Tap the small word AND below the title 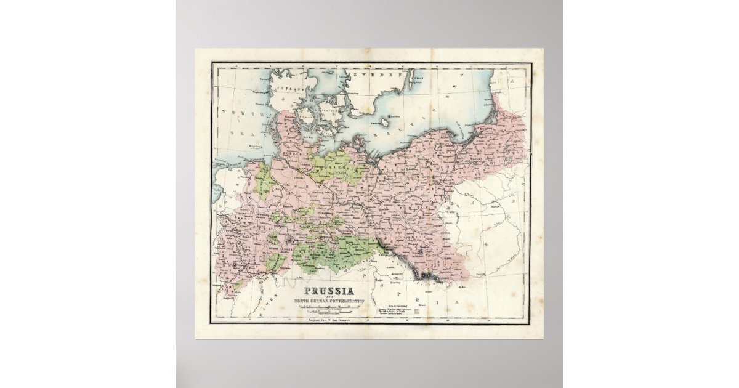(330, 296)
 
